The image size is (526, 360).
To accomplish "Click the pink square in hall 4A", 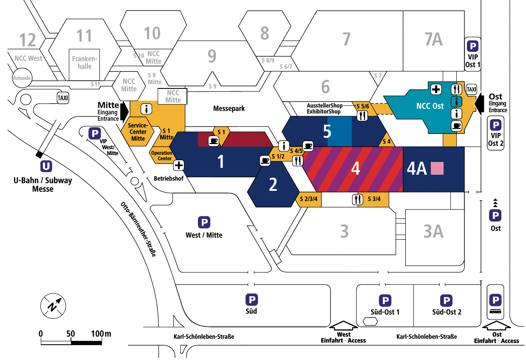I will click(437, 168).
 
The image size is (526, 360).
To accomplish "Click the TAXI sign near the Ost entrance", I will click(472, 89).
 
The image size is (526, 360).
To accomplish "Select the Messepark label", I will click(229, 108).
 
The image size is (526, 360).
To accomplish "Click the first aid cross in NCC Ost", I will click(436, 89).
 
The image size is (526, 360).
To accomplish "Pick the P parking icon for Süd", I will click(252, 300).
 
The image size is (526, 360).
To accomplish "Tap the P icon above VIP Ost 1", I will click(472, 46).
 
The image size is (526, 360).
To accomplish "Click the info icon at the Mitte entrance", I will click(147, 109).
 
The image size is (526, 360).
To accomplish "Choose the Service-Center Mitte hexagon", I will click(138, 132).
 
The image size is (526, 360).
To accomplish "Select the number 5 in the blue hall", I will click(327, 132).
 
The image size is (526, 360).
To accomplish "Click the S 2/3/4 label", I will click(309, 199).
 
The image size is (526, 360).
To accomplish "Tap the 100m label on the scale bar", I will click(101, 333).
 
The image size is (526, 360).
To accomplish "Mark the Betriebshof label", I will click(169, 179).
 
